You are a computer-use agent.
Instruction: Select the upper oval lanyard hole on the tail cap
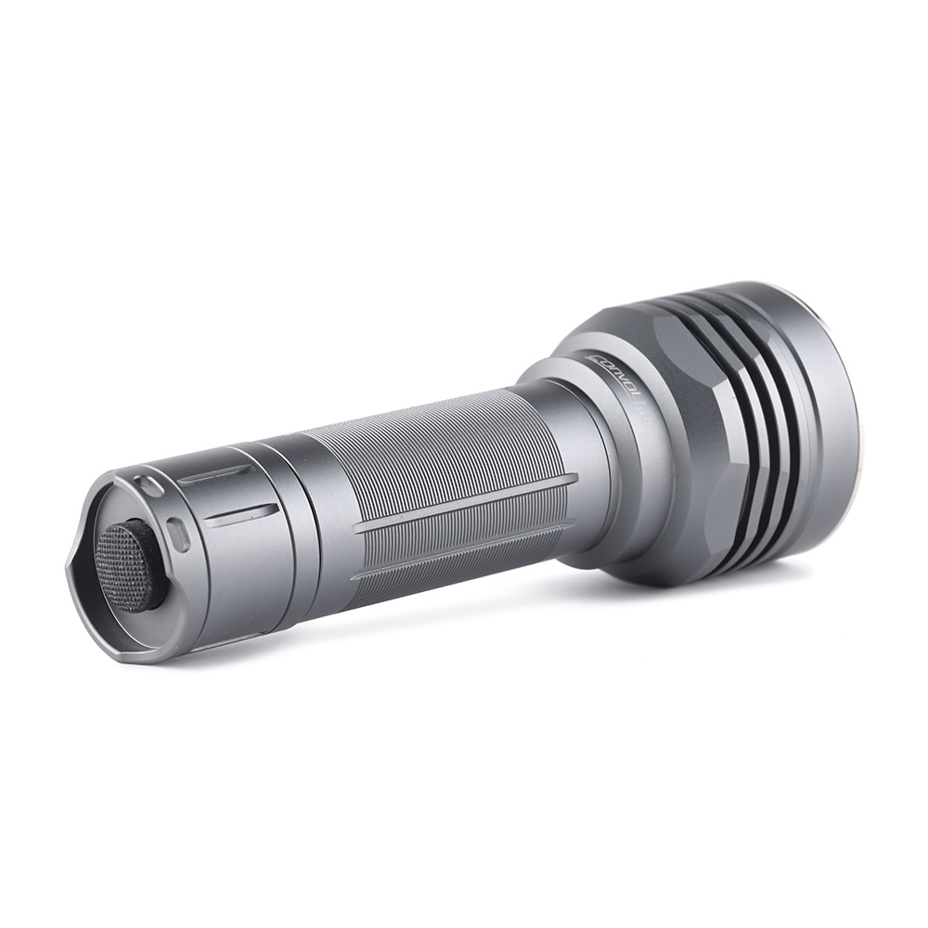click(x=146, y=484)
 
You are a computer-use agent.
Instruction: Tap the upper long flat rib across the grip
click(x=464, y=504)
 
